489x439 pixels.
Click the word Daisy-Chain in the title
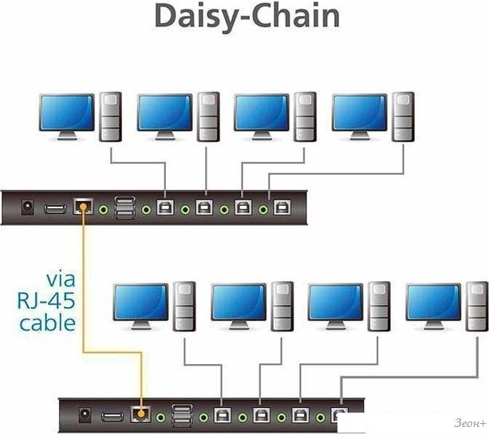[246, 16]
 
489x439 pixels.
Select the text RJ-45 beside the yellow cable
[47, 301]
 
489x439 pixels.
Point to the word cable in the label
[48, 322]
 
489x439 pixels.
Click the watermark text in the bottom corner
[466, 424]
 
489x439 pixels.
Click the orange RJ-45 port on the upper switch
[82, 208]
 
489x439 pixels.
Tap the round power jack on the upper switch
[26, 208]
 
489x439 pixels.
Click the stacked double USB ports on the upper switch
[125, 208]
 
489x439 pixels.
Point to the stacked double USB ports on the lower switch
[182, 415]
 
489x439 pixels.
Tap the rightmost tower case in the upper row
[402, 117]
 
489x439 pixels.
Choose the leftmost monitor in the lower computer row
[140, 303]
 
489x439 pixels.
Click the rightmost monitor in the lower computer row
[433, 303]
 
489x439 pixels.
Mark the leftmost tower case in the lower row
[184, 306]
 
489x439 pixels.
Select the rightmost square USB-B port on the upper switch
[281, 208]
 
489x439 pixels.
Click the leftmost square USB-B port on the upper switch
[165, 208]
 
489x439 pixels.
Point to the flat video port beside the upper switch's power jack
[54, 208]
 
